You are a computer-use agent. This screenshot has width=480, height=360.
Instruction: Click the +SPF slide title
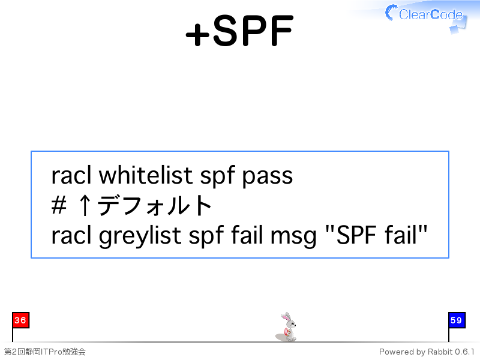[239, 31]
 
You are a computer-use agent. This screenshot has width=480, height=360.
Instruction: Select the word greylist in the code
[142, 236]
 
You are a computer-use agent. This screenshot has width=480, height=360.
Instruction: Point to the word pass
[268, 178]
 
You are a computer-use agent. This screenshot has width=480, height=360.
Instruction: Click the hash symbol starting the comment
[59, 205]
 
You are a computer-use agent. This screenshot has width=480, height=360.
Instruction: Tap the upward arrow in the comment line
[85, 206]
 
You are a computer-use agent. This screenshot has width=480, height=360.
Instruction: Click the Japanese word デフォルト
[155, 205]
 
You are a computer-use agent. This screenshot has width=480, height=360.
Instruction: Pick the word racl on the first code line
[71, 176]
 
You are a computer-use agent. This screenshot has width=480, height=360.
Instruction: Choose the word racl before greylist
[71, 235]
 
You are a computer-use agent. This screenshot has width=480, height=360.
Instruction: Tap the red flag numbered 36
[20, 320]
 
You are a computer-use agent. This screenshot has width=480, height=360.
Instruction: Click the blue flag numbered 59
[457, 320]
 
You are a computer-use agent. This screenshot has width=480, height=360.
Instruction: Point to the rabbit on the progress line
[287, 327]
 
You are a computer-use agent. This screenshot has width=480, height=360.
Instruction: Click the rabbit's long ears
[286, 317]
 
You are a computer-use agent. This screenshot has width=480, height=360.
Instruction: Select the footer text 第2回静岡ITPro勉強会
[44, 352]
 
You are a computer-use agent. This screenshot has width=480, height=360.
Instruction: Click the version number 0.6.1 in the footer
[464, 352]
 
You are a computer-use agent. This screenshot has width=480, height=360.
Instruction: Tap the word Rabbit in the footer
[440, 352]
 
